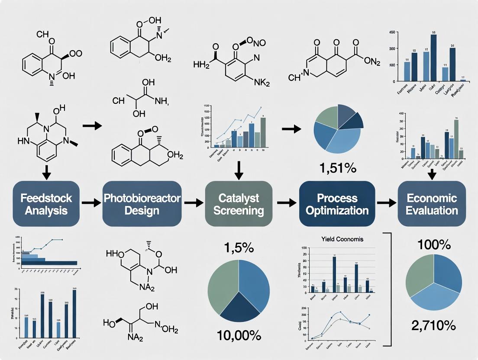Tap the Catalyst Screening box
pos(239,204)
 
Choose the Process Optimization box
pos(337,204)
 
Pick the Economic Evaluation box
pos(432,204)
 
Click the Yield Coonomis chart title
pos(342,239)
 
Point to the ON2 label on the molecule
pos(371,61)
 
